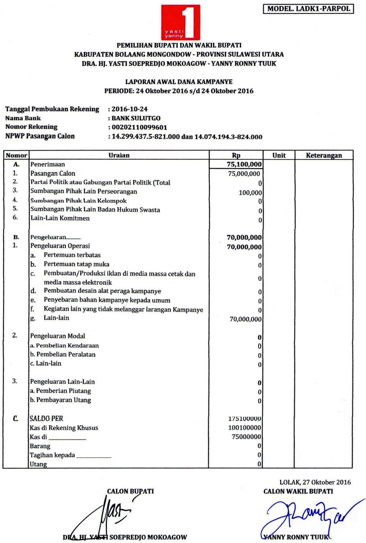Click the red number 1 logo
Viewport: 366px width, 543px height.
(181, 22)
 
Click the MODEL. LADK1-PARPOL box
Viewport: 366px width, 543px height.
(308, 9)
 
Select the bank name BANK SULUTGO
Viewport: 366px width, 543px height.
(136, 118)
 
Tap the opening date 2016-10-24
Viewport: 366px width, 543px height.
(130, 109)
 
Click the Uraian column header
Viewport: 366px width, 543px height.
(119, 155)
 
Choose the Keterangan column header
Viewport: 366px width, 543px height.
(324, 155)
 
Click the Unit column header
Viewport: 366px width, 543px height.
(279, 155)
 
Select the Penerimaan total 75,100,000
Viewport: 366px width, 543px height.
(244, 165)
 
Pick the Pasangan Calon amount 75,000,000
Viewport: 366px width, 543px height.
(244, 174)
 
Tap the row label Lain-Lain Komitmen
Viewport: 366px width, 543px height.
(60, 218)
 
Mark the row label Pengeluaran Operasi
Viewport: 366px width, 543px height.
(60, 246)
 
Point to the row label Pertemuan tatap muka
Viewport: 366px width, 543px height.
(76, 264)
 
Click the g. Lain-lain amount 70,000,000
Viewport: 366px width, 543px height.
(246, 319)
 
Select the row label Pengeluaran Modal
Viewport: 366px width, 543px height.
(57, 336)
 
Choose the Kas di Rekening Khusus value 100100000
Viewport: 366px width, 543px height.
(244, 428)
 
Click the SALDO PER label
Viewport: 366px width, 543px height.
(46, 418)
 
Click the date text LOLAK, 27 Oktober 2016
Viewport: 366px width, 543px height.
(315, 482)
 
